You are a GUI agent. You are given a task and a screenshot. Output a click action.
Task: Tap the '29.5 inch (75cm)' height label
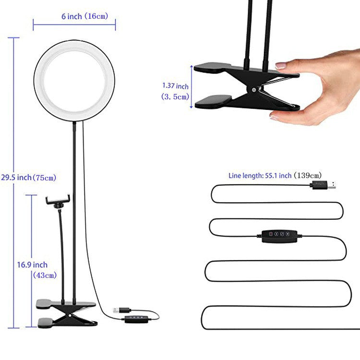click(28, 178)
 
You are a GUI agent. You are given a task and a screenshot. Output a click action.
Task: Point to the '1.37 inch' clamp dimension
click(175, 86)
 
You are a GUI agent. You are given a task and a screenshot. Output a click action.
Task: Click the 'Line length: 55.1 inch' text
click(260, 176)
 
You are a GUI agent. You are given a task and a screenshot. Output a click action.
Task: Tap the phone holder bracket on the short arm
click(58, 199)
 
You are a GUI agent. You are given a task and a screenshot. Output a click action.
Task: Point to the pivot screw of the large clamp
click(252, 90)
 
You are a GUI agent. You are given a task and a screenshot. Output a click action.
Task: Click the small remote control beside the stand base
click(135, 319)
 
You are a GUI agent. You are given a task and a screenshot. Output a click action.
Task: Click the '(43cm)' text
click(44, 275)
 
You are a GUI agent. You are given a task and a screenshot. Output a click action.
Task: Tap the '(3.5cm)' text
click(175, 96)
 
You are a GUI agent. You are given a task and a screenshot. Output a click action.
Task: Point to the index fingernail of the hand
click(281, 65)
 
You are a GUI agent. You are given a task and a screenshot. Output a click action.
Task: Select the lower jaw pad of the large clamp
click(214, 101)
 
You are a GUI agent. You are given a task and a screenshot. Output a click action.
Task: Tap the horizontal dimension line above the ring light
click(74, 23)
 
